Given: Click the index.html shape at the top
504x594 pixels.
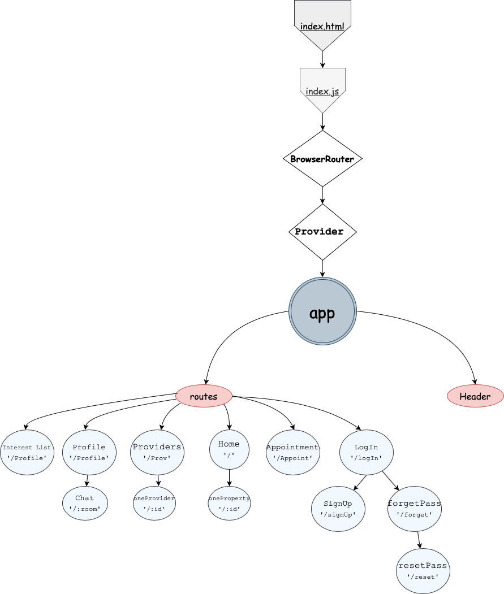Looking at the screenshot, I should pos(322,23).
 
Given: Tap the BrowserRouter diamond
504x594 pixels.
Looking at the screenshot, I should pos(322,159).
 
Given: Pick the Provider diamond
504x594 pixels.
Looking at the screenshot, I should pos(322,232).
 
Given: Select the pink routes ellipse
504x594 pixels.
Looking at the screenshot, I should pos(204,396).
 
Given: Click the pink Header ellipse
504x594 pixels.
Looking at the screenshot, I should pos(475,396).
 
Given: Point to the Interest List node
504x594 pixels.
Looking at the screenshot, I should pos(27,452).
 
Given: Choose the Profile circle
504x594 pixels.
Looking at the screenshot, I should pos(89,452).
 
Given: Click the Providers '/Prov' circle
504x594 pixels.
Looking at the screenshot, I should pos(157,452).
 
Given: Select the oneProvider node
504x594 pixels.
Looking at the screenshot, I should pos(154,504).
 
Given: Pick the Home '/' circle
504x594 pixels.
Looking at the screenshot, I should pos(229,449).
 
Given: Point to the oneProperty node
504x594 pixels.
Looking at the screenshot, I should pos(229,504).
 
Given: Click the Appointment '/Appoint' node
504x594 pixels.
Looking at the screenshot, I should pos(292,452).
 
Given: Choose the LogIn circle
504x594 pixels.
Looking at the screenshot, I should pos(367,452).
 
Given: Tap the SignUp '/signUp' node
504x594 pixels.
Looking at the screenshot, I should pos(338,509).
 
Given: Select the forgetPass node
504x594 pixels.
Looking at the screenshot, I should pos(414,509).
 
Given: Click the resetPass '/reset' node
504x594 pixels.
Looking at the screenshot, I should pos(423,571).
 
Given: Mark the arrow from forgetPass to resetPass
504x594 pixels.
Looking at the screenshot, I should pos(419,540).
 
